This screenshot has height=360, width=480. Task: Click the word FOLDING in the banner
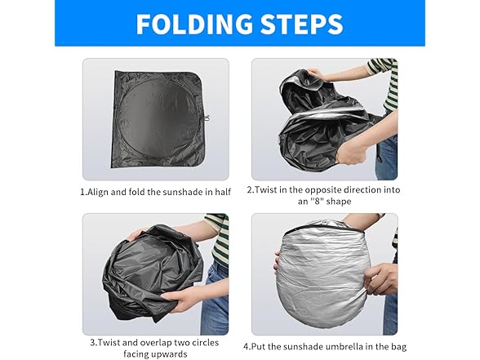coord(195,24)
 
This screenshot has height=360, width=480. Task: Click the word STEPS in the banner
coord(302,24)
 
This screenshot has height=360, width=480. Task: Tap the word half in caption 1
coord(223,192)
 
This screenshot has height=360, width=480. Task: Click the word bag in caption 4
coord(399,347)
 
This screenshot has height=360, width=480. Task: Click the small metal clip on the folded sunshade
coord(207,118)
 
